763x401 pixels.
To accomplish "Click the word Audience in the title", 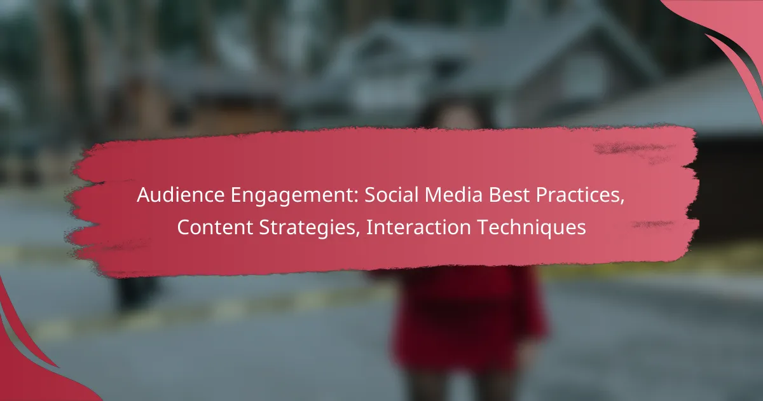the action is point(181,195).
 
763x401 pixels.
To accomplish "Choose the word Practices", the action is point(580,195).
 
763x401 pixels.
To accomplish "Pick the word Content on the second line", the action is point(215,227).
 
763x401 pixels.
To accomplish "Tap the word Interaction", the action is point(418,227).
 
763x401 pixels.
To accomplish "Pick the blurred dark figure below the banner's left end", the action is point(136,294).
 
